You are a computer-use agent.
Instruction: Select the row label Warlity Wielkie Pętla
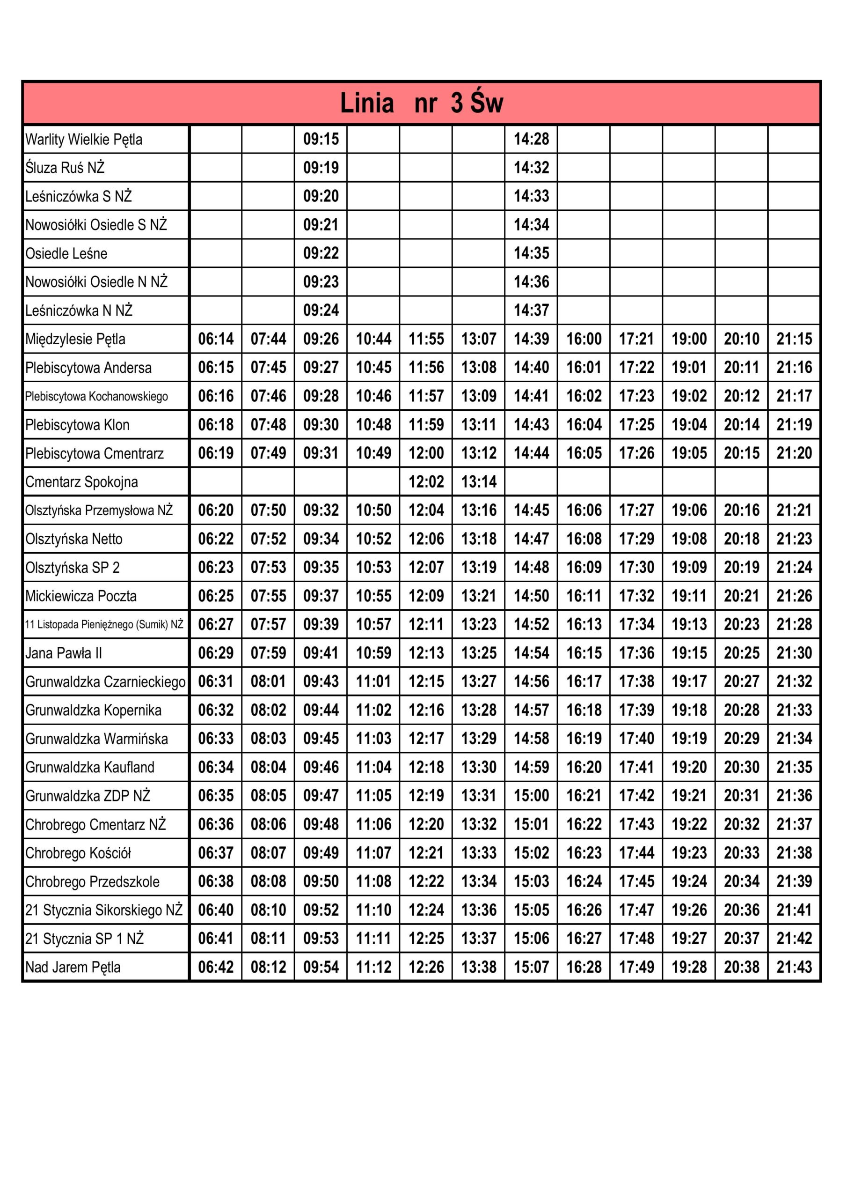click(x=83, y=140)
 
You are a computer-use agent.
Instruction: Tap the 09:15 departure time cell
click(x=321, y=139)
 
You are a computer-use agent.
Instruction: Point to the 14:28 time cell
click(x=531, y=139)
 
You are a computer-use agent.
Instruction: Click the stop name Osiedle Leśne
click(x=66, y=254)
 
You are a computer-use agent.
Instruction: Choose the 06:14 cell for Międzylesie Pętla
click(x=216, y=339)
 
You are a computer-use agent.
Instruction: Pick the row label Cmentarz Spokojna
click(x=81, y=482)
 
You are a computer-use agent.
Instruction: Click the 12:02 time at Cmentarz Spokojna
click(x=426, y=481)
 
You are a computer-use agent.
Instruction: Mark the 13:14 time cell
click(x=479, y=481)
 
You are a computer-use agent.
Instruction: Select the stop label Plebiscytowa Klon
click(x=77, y=425)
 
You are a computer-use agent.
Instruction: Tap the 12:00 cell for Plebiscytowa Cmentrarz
click(x=426, y=453)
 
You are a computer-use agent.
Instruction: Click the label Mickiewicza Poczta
click(x=81, y=596)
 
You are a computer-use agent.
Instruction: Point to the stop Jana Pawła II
click(x=64, y=653)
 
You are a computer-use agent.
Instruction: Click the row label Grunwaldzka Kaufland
click(x=90, y=767)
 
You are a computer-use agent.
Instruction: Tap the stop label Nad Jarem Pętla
click(x=73, y=967)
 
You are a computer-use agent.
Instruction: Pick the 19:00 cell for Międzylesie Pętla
click(x=689, y=339)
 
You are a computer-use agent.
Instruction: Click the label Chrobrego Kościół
click(x=78, y=853)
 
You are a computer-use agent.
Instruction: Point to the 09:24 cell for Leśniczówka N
click(x=321, y=310)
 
